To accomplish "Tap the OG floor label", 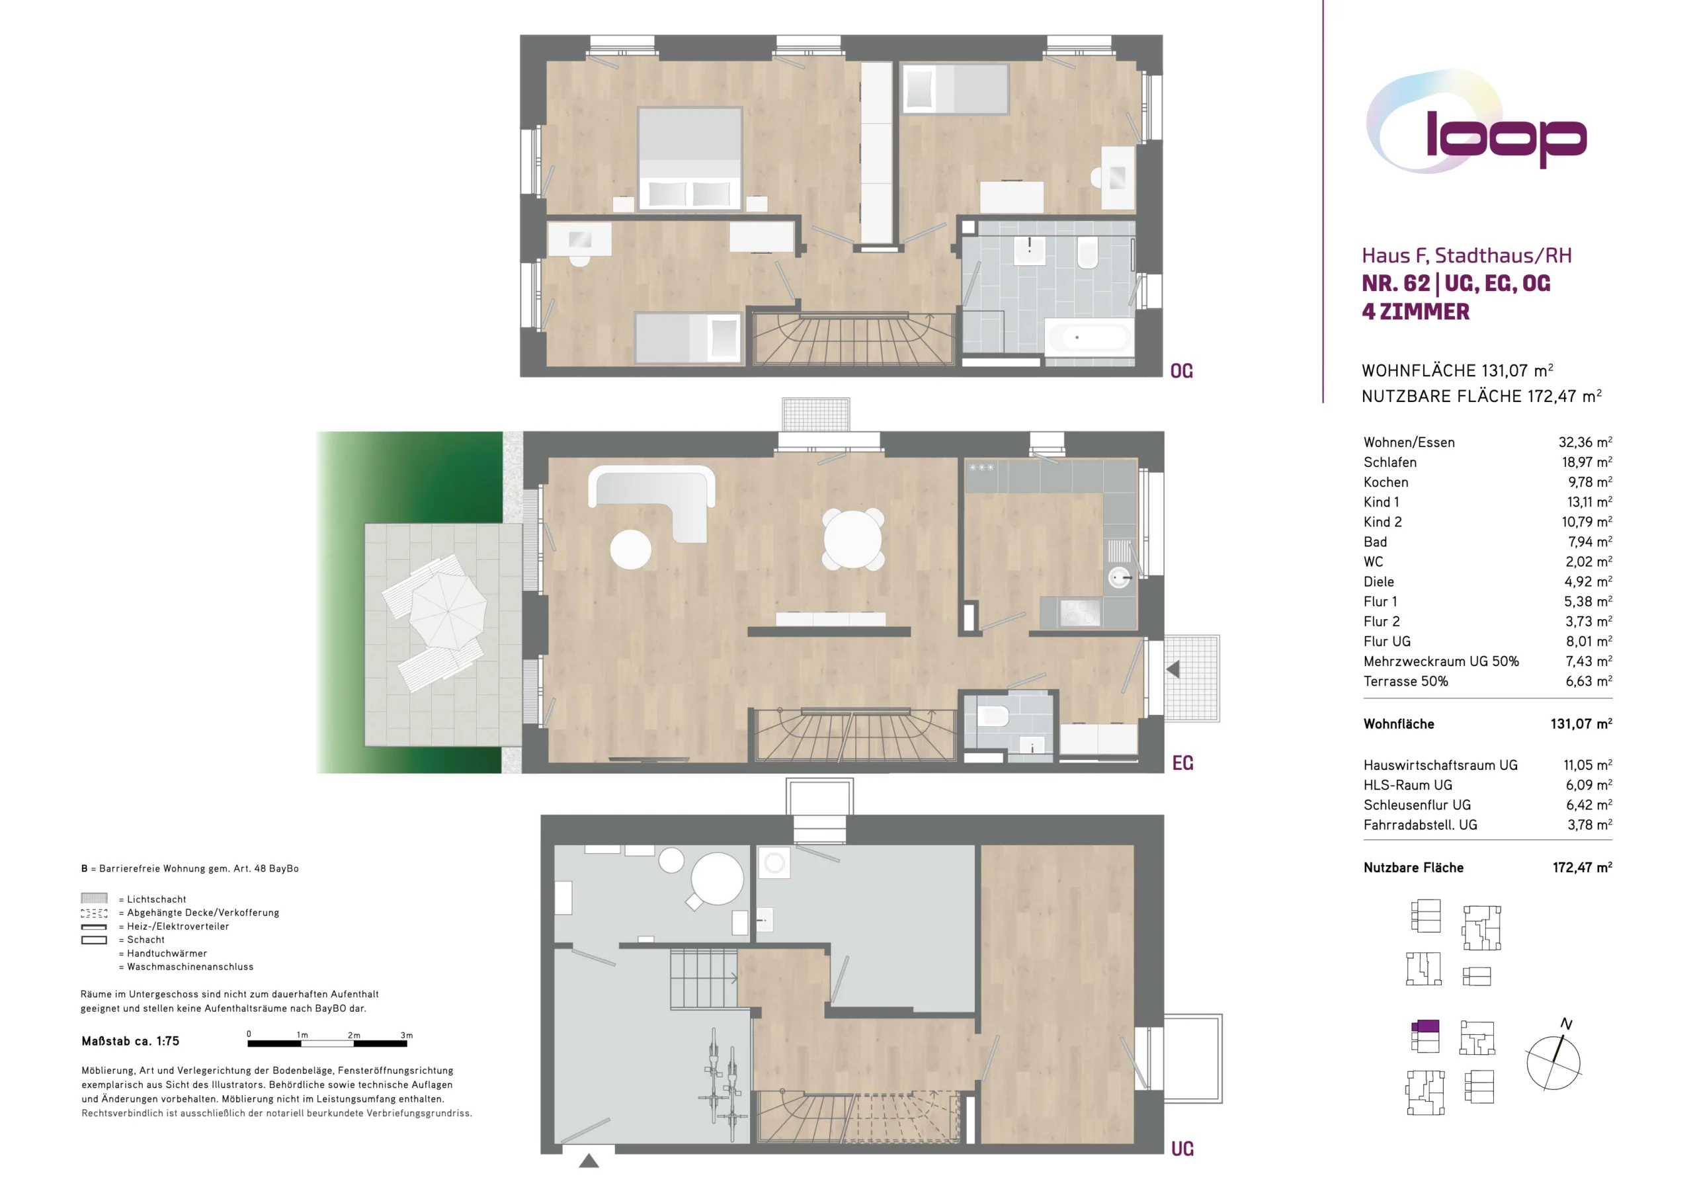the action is coord(1181,371).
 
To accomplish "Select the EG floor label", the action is coord(1182,763).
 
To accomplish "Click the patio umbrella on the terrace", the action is coord(448,610).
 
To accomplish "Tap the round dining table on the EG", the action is coord(853,538).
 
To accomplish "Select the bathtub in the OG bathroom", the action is coord(1089,338).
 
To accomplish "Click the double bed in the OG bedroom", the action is coord(690,159).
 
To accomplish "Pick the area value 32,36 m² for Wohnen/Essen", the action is coord(1585,442).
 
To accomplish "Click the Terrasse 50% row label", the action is coord(1405,681).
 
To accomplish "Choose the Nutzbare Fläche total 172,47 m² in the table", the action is coord(1582,868).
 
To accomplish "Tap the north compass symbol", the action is coord(1553,1060).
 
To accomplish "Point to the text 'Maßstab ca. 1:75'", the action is coord(130,1042).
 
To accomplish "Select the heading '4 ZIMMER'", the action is coord(1415,312).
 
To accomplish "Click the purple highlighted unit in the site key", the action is coord(1425,1026).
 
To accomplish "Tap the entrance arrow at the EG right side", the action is coord(1173,669).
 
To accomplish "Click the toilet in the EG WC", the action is coord(993,716).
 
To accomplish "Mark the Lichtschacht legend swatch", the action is coord(94,898).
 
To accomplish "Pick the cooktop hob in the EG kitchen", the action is coord(1079,612).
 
